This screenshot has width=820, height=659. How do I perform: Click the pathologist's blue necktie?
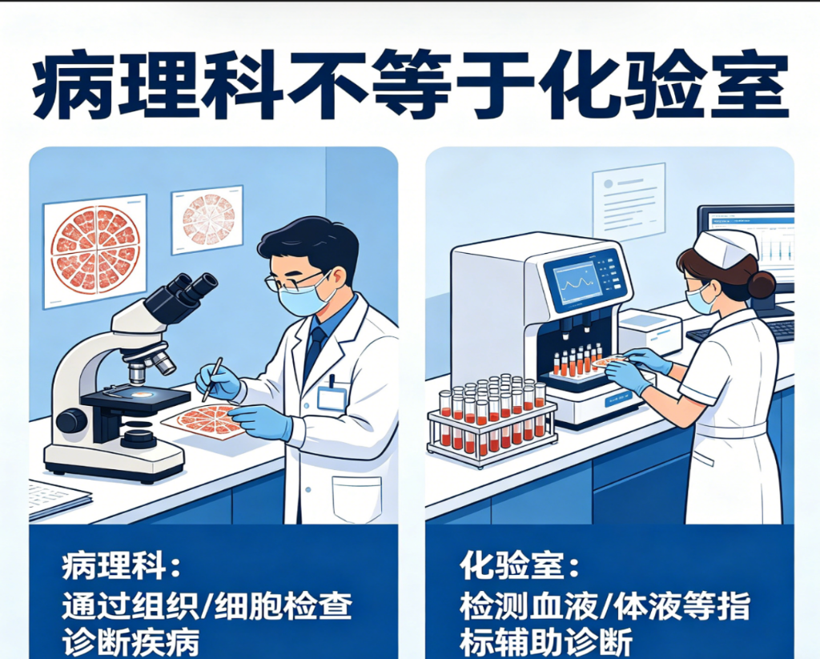pyautogui.click(x=315, y=347)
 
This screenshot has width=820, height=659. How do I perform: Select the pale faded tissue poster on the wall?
pyautogui.click(x=207, y=219)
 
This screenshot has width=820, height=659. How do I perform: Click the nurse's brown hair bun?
pyautogui.click(x=762, y=285)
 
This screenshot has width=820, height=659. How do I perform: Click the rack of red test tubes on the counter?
pyautogui.click(x=492, y=419)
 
